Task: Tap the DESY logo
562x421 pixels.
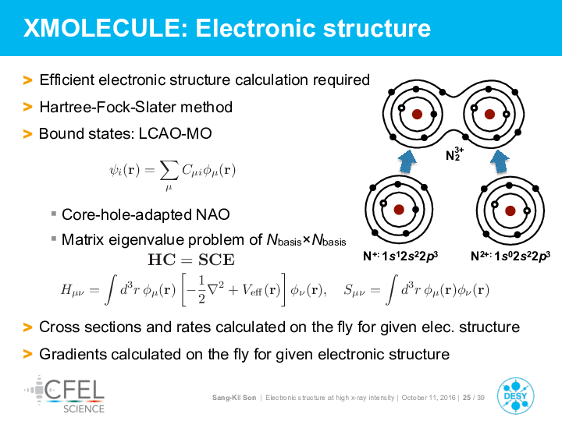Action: [x=515, y=395]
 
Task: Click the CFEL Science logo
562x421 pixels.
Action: [x=65, y=394]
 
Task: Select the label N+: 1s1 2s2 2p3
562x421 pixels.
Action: [x=400, y=256]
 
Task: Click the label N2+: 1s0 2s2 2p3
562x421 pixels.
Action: [x=510, y=256]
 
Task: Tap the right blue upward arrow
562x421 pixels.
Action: [x=500, y=161]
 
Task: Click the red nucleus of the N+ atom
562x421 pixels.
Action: [x=399, y=210]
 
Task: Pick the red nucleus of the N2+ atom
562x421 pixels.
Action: [x=510, y=210]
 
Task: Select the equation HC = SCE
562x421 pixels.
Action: [x=191, y=260]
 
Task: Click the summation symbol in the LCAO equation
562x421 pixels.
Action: [x=169, y=170]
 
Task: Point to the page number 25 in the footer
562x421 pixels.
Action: [x=467, y=398]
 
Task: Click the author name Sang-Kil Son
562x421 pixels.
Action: [x=234, y=398]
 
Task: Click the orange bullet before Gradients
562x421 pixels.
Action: [x=27, y=354]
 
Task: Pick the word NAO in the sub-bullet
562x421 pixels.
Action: [x=213, y=214]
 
